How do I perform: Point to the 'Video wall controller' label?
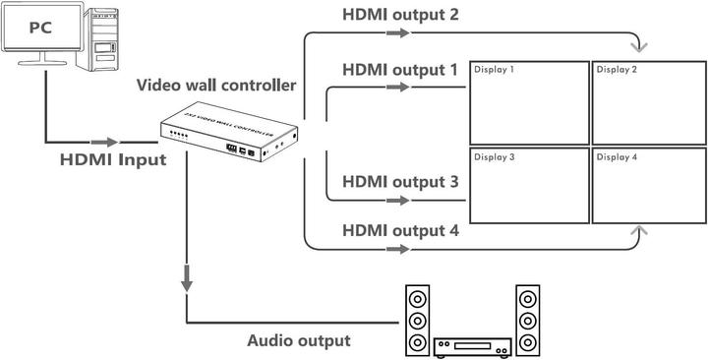[215, 86]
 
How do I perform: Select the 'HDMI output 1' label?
[400, 71]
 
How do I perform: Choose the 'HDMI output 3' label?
[400, 182]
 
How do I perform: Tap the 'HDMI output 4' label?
[400, 231]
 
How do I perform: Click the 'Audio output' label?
[297, 341]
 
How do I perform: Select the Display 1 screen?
[528, 103]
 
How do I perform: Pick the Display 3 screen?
[528, 188]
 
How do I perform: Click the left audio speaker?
[417, 320]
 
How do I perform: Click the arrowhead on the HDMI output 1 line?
[397, 88]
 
